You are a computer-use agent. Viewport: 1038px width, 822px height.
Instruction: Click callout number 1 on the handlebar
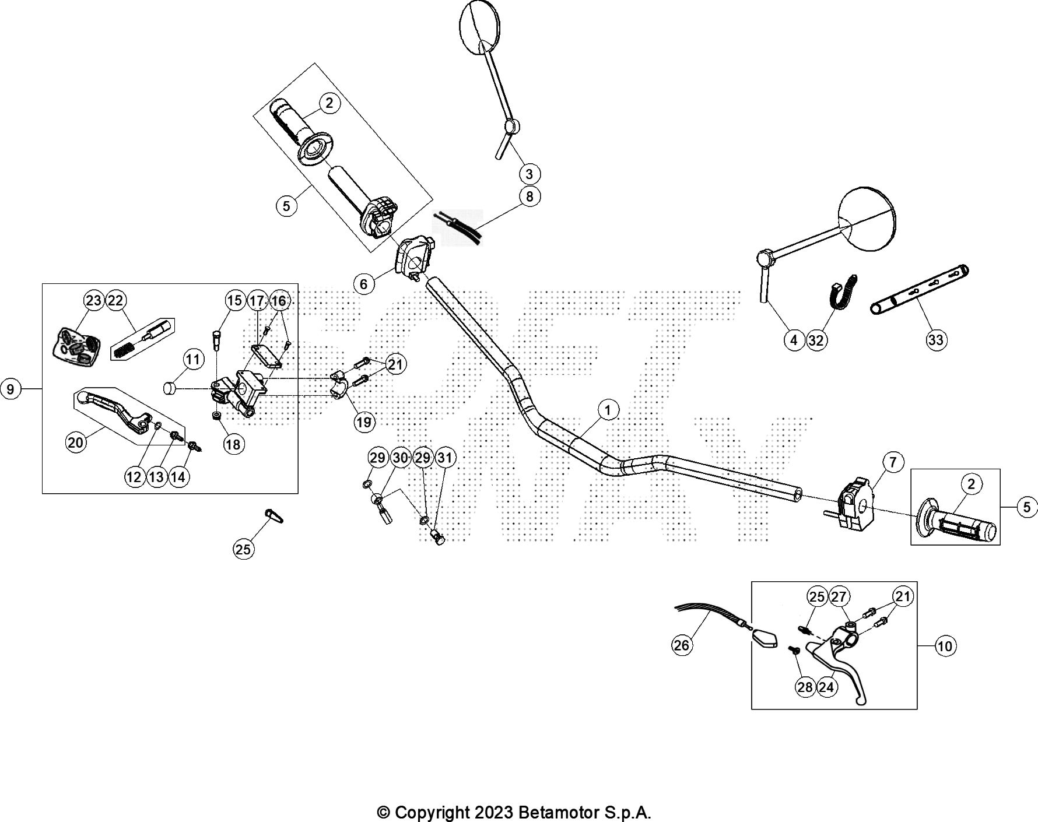point(608,410)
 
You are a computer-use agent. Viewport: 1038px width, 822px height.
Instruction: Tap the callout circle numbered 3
point(529,174)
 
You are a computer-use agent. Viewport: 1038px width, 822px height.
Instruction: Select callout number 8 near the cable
point(529,196)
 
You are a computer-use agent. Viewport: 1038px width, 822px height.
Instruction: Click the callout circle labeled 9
point(10,388)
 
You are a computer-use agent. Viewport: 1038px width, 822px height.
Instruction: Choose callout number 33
point(936,339)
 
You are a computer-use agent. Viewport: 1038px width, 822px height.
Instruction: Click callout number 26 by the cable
point(681,644)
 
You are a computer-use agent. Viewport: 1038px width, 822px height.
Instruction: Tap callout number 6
point(364,284)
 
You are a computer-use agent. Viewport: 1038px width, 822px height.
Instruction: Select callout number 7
point(893,462)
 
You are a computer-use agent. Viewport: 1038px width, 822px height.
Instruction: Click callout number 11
point(194,359)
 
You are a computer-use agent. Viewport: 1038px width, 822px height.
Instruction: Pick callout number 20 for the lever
point(76,442)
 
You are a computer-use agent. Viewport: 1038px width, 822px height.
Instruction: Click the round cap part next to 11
point(170,388)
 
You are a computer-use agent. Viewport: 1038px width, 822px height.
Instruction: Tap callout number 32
point(816,340)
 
